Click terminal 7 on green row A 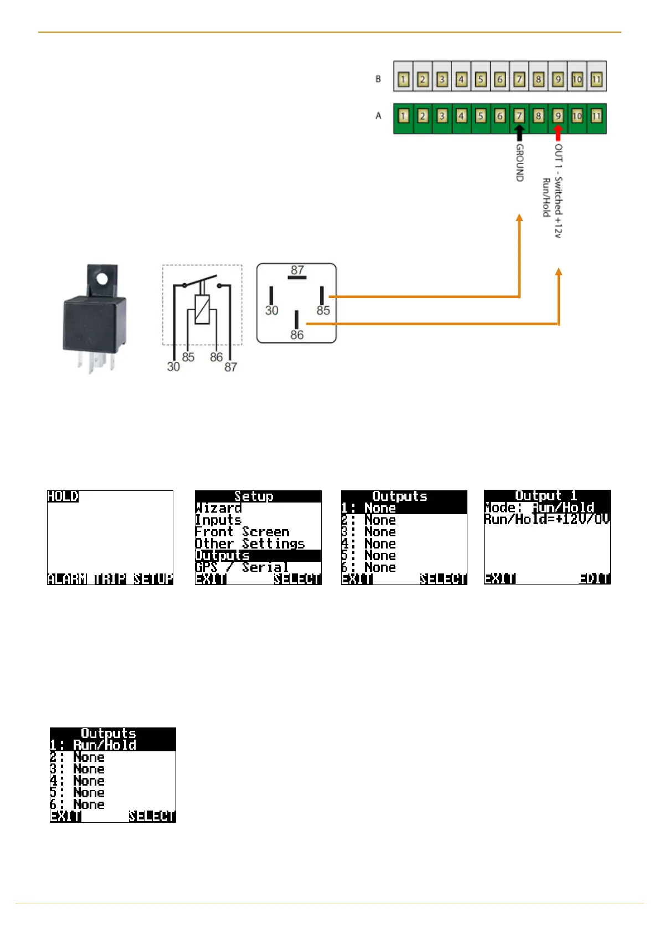(519, 116)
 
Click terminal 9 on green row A (558, 116)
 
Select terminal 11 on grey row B (596, 79)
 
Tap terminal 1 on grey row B (404, 79)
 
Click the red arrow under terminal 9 (558, 133)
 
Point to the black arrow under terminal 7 (519, 133)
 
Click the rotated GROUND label (520, 163)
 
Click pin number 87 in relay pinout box (297, 270)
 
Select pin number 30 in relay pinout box (271, 310)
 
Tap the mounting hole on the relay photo (102, 278)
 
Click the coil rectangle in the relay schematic (202, 309)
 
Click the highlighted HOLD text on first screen (63, 496)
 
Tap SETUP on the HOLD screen (153, 579)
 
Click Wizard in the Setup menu (219, 508)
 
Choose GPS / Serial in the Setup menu (242, 567)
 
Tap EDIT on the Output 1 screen (594, 579)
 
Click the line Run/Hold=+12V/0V (547, 520)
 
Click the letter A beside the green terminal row (379, 116)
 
